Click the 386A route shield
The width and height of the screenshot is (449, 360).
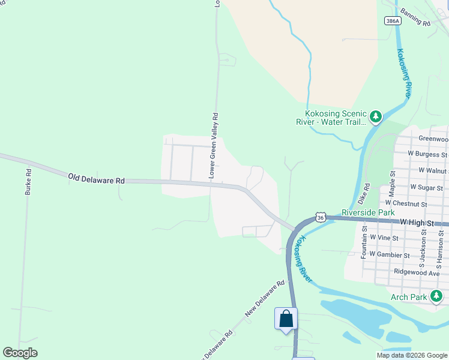pyautogui.click(x=392, y=20)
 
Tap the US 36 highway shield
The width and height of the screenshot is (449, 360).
pyautogui.click(x=321, y=218)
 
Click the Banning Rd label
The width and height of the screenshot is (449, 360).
pyautogui.click(x=415, y=19)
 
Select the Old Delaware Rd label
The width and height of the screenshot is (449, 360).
pyautogui.click(x=96, y=179)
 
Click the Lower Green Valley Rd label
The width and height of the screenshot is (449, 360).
pyautogui.click(x=212, y=143)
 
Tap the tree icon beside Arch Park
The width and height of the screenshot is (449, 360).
pyautogui.click(x=436, y=296)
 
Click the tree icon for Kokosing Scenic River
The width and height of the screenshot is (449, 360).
pyautogui.click(x=376, y=116)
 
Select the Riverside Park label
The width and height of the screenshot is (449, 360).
pyautogui.click(x=368, y=212)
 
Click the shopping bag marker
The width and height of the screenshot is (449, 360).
pyautogui.click(x=286, y=318)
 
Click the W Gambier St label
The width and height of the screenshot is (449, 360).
pyautogui.click(x=390, y=255)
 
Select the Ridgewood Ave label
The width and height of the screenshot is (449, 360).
pyautogui.click(x=417, y=272)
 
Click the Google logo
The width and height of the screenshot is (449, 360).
pyautogui.click(x=20, y=353)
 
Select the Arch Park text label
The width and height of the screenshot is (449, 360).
pyautogui.click(x=409, y=297)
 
